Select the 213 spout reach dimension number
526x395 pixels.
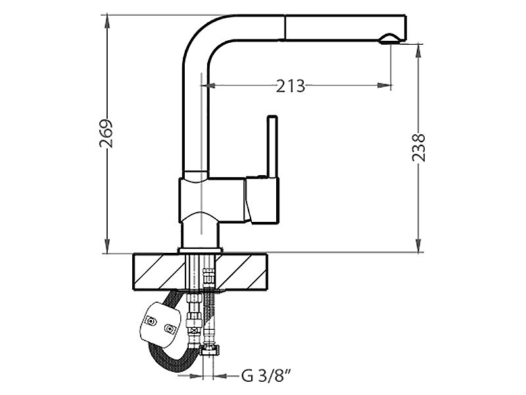(291, 86)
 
